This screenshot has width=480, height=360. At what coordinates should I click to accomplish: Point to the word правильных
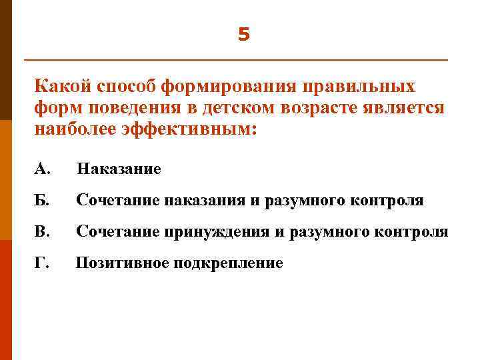click(360, 87)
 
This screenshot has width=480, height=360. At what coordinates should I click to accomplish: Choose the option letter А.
click(42, 169)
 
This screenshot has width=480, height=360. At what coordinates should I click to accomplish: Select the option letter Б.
click(41, 200)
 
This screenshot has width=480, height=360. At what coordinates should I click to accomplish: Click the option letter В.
click(41, 231)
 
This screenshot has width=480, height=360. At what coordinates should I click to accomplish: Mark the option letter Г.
click(41, 263)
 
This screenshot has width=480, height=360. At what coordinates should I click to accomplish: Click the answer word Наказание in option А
click(119, 169)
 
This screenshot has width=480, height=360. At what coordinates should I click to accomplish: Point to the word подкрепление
click(229, 263)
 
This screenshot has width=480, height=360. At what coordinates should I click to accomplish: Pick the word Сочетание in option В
click(116, 231)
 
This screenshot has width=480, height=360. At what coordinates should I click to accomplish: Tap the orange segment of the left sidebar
click(7, 180)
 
